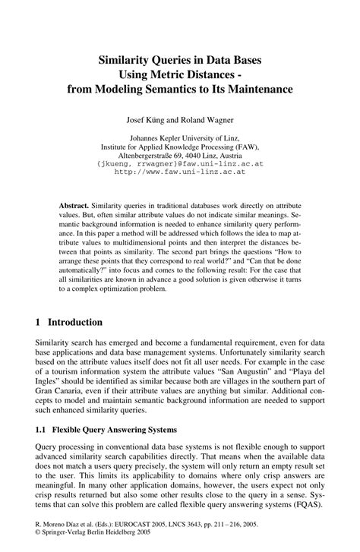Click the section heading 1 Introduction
pyautogui.click(x=76, y=322)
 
